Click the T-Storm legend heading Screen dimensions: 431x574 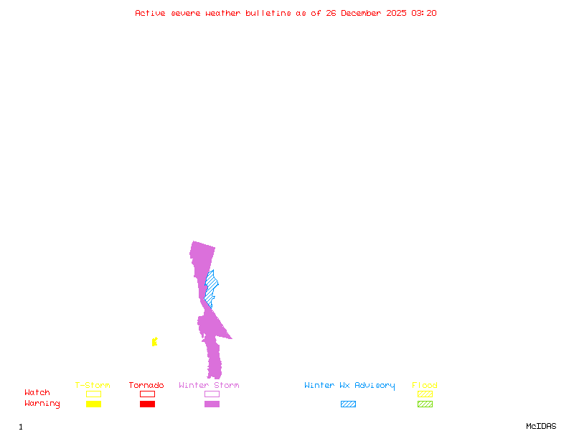(x=93, y=386)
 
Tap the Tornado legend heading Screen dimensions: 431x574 (x=146, y=386)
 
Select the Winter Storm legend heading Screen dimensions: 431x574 (x=209, y=386)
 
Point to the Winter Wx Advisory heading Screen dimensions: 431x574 (x=349, y=386)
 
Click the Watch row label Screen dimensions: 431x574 (x=37, y=393)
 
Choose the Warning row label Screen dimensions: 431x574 (x=42, y=404)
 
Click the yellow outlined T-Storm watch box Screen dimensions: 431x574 (x=93, y=394)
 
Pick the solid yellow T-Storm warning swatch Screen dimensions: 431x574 (x=93, y=404)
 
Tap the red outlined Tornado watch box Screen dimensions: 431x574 (x=147, y=394)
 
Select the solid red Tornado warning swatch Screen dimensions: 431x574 (x=147, y=404)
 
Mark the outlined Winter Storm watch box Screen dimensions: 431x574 (x=212, y=394)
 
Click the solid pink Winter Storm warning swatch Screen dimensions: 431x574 (x=212, y=404)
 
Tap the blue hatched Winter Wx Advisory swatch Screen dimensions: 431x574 (x=348, y=404)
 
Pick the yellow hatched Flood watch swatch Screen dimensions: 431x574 (x=425, y=394)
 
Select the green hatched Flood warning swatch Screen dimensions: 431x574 (x=425, y=404)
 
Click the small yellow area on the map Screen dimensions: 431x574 (x=154, y=342)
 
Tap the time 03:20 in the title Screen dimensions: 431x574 (x=424, y=13)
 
